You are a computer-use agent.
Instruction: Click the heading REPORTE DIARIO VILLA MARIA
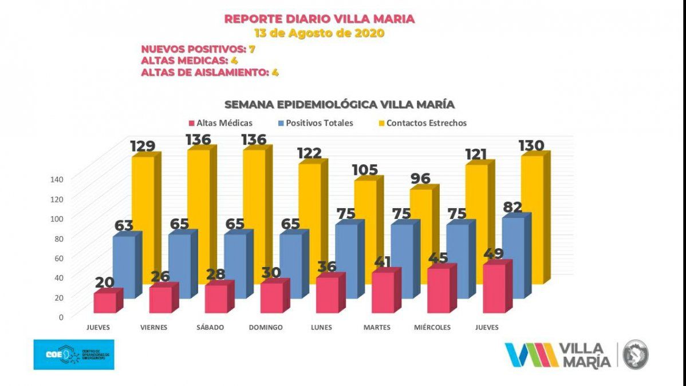[319, 19]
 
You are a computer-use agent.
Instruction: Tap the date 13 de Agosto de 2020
[319, 33]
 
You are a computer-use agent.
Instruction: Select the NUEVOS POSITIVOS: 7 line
[198, 49]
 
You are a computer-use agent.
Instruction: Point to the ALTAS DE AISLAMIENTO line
[210, 73]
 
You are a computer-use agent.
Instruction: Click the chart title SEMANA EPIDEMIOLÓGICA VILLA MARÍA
[340, 105]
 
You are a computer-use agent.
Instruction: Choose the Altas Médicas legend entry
[220, 123]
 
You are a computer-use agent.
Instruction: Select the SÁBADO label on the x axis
[210, 328]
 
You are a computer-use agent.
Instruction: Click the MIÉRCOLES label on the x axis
[432, 328]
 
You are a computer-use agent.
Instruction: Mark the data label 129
[142, 146]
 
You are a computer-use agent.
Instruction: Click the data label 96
[420, 178]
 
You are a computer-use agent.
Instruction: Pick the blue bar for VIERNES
[180, 266]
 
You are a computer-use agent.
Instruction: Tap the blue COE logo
[73, 354]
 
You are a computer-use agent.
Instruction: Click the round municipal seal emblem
[635, 354]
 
